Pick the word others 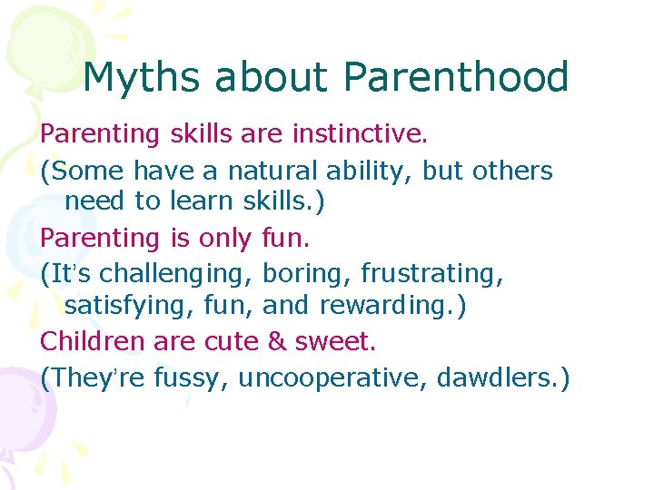512,170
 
